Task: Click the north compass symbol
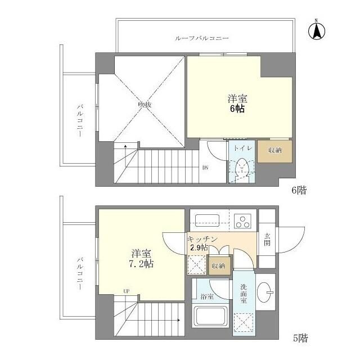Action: pos(316,31)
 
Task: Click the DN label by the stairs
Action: pos(205,167)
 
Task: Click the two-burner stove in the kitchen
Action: pos(244,220)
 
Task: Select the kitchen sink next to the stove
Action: pos(204,219)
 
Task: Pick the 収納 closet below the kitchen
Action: pos(219,265)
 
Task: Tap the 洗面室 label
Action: pos(244,294)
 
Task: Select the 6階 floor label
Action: pos(298,191)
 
